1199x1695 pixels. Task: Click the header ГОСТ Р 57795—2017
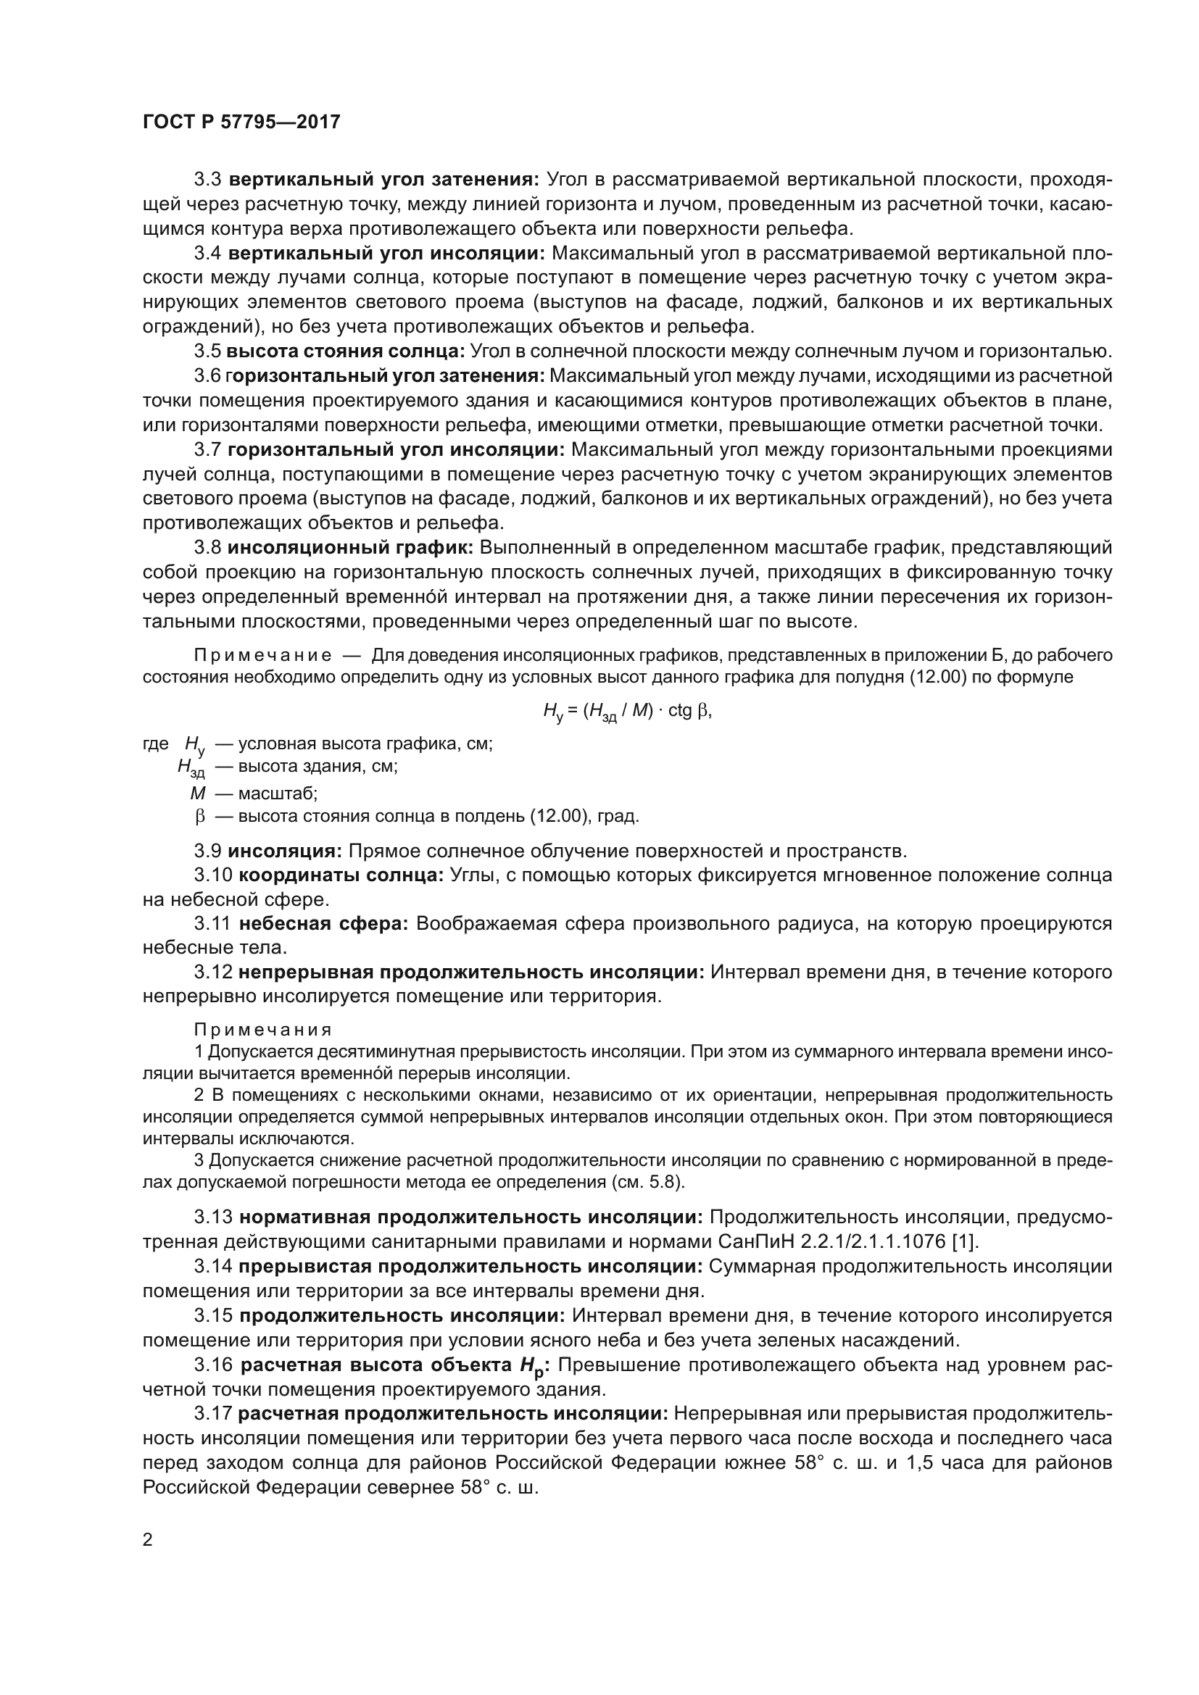[241, 122]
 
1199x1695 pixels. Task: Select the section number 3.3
[207, 180]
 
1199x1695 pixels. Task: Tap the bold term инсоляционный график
[350, 548]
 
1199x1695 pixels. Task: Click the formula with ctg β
[627, 711]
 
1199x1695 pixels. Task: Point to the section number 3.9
[207, 851]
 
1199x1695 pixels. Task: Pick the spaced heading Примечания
[263, 1030]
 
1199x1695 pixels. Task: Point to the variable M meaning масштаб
[197, 794]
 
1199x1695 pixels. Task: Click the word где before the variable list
[156, 744]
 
